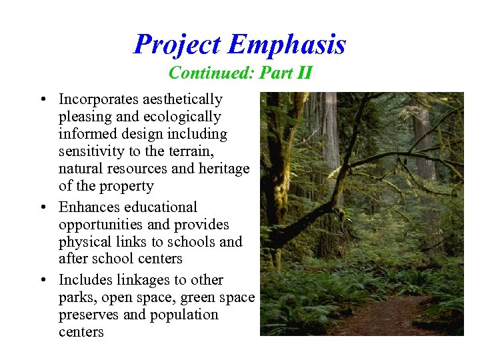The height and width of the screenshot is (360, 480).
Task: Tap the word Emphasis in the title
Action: [x=287, y=45]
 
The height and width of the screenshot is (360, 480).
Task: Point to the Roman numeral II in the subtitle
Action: [x=304, y=72]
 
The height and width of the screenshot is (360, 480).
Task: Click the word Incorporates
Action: [x=99, y=99]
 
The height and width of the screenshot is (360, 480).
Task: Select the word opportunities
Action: [x=101, y=225]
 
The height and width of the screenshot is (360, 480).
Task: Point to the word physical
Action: [x=83, y=242]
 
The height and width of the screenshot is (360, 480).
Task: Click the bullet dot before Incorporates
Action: [x=42, y=100]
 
